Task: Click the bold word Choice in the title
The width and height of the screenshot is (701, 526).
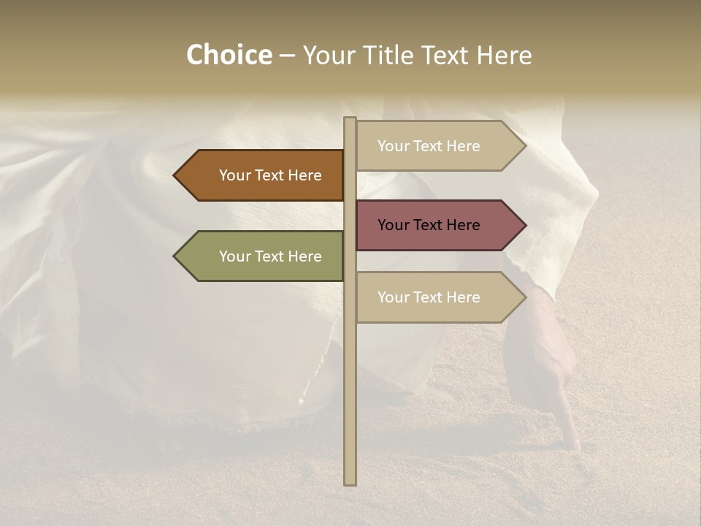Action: click(229, 56)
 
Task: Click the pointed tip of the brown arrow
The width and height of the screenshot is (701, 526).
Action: click(175, 175)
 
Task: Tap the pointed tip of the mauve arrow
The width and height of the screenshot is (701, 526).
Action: click(524, 225)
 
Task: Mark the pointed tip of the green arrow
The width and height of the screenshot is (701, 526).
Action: click(175, 256)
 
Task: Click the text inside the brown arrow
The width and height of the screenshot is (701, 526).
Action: click(270, 175)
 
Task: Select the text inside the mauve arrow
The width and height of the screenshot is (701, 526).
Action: click(429, 225)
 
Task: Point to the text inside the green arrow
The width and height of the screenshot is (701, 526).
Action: click(270, 256)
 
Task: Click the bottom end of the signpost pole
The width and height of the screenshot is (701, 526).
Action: click(350, 482)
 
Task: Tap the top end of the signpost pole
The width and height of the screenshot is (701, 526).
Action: click(350, 120)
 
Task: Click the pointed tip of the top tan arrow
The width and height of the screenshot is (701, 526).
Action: click(524, 146)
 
